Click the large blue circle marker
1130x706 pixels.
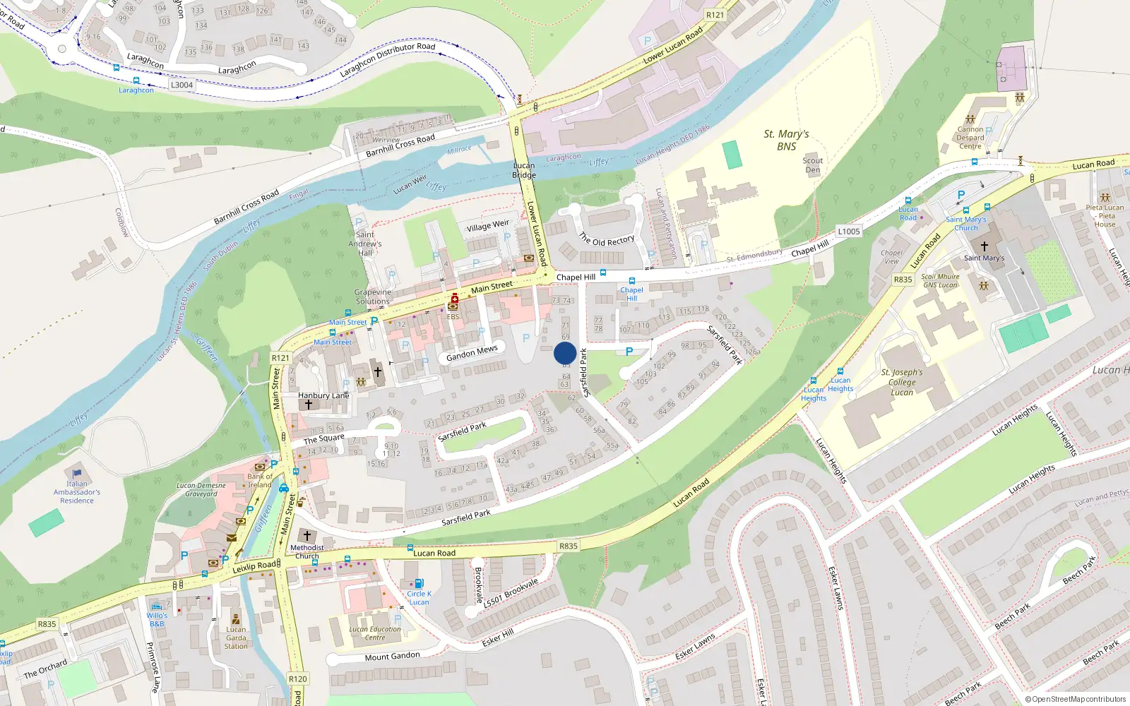(x=565, y=353)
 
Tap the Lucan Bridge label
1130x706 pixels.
(x=524, y=170)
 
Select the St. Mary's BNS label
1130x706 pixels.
(x=786, y=140)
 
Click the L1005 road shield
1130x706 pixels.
(x=848, y=232)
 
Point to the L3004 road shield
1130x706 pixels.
(x=182, y=85)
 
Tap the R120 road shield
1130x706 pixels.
(x=298, y=678)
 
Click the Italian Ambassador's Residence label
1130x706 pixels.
(x=77, y=492)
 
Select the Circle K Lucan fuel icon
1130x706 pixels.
(x=419, y=584)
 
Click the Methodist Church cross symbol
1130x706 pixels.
(x=307, y=536)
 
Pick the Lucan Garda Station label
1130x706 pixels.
(x=236, y=638)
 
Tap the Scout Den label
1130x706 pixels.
(x=813, y=165)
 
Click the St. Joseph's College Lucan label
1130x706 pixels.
(x=902, y=382)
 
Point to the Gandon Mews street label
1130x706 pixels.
(x=472, y=353)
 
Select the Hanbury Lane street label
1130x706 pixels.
(x=323, y=395)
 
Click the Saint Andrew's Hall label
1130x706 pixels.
(x=365, y=244)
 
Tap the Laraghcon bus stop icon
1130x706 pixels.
(x=136, y=80)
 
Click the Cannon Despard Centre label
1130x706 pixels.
(x=970, y=138)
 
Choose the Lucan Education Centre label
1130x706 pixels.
(x=375, y=633)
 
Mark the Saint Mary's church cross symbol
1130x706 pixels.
(x=985, y=246)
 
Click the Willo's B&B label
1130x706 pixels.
(x=157, y=619)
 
